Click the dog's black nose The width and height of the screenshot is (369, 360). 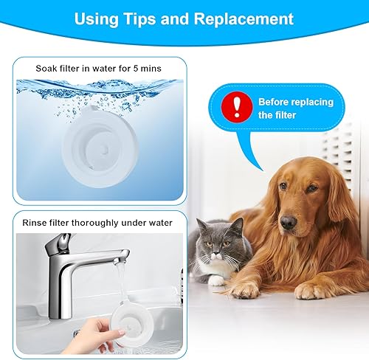[289, 221]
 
